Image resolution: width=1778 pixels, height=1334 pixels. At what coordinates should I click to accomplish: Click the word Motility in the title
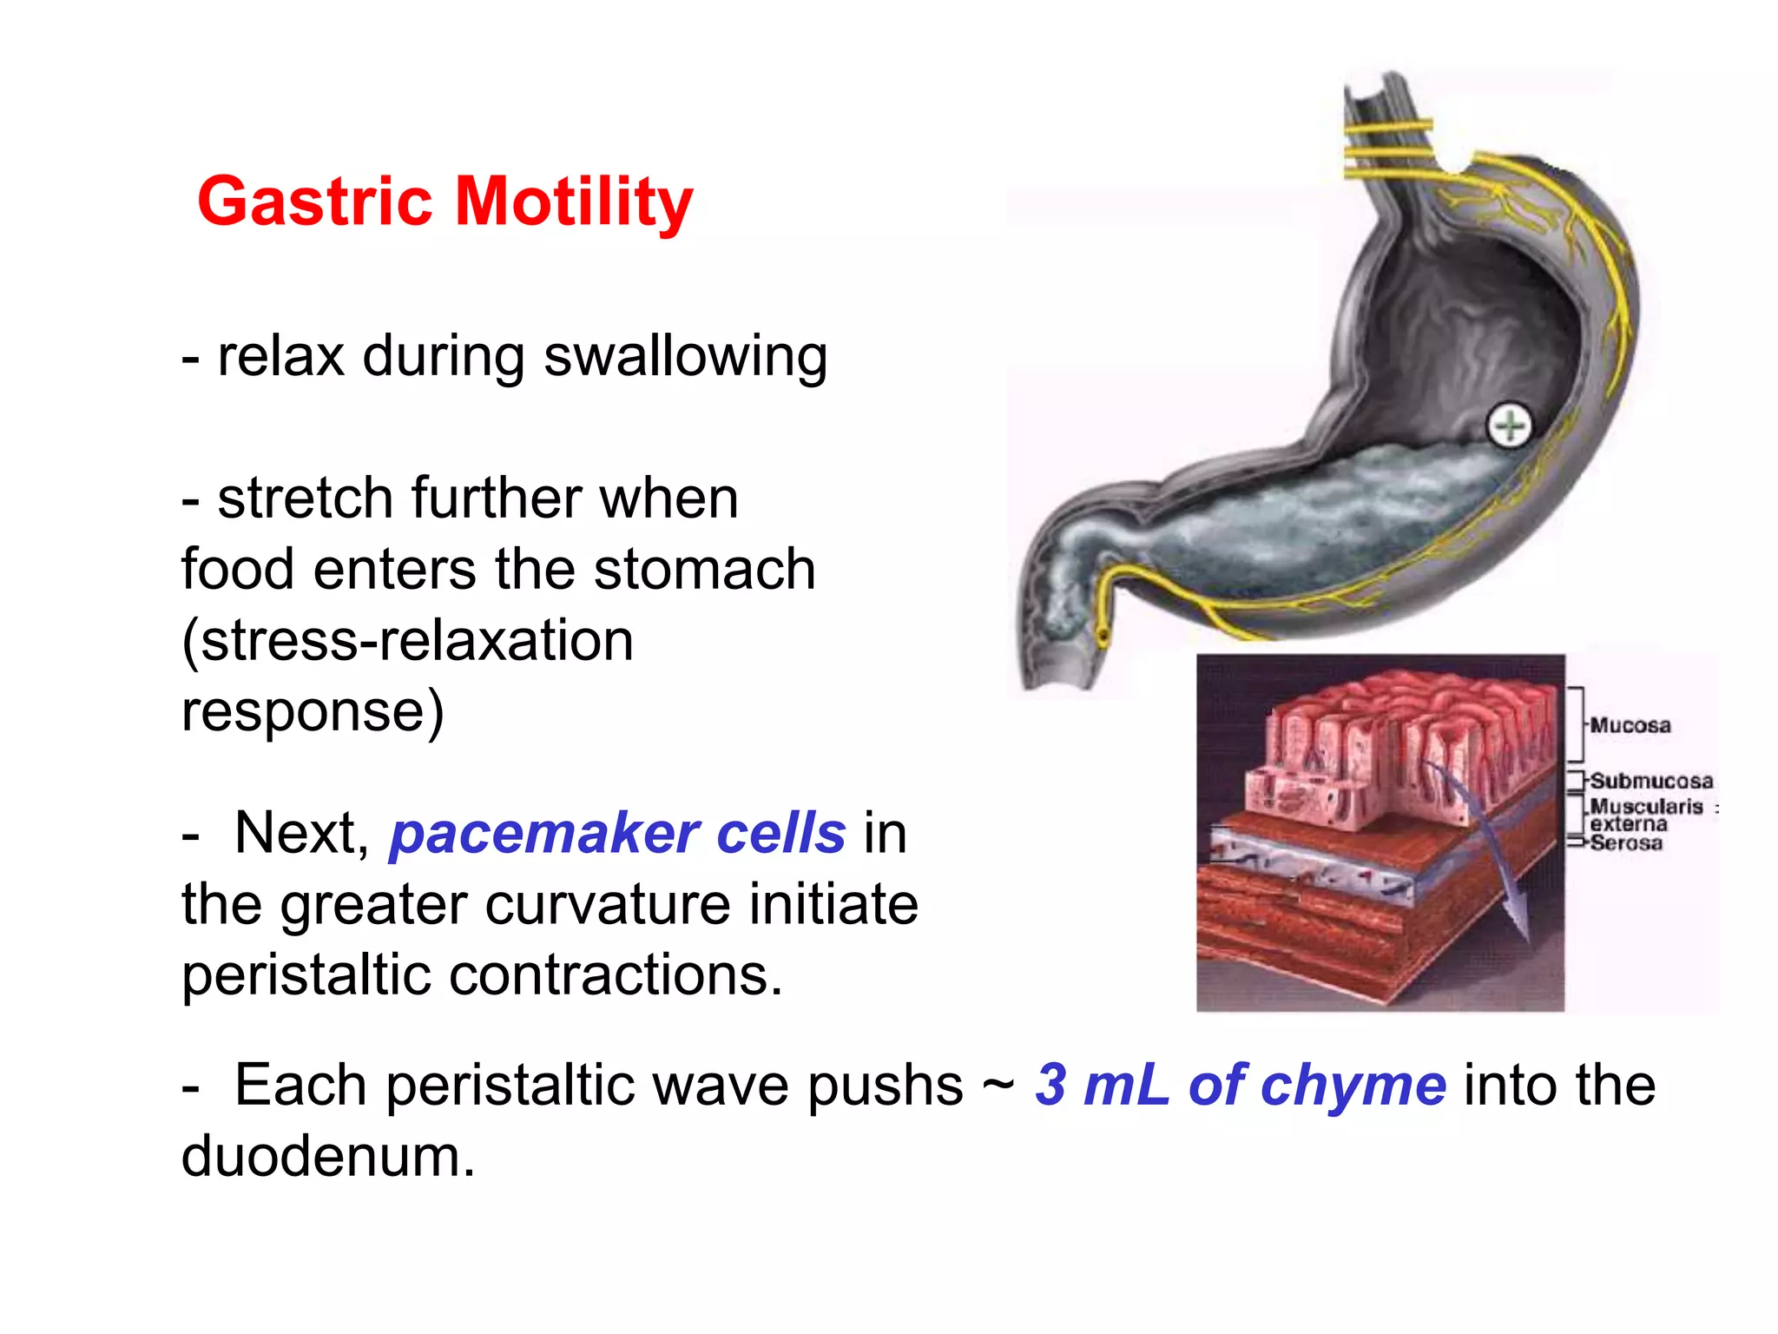(x=574, y=202)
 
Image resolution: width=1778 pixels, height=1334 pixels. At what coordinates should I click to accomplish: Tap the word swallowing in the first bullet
(x=685, y=357)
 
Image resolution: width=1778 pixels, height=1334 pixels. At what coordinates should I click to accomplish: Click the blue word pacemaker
(x=543, y=834)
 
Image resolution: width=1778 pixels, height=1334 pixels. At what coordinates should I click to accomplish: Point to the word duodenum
(x=328, y=1157)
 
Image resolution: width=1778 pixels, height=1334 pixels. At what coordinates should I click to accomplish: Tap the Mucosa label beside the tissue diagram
(x=1630, y=725)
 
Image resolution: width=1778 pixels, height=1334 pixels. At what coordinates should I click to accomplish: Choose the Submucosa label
(x=1651, y=781)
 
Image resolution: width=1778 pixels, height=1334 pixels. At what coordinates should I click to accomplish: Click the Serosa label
(x=1626, y=842)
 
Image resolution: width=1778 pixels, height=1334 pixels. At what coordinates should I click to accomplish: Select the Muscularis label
(x=1646, y=807)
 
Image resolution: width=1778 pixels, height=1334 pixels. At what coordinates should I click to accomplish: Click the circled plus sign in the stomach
(x=1510, y=426)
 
